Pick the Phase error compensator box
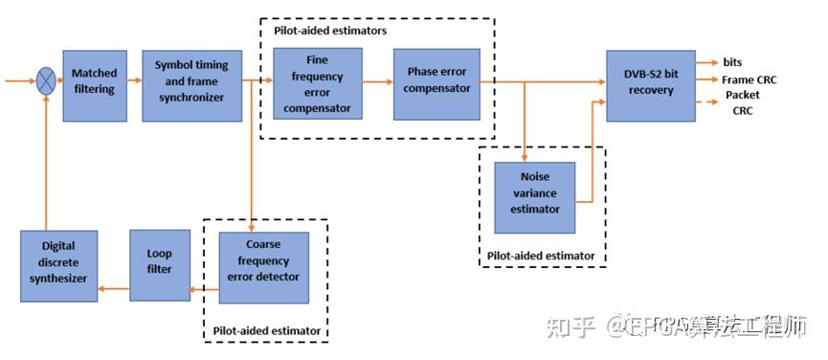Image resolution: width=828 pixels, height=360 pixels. [438, 83]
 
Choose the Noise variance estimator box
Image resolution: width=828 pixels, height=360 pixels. [534, 197]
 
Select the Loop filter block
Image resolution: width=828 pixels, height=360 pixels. [160, 264]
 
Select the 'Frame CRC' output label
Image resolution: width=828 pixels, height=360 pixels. [750, 80]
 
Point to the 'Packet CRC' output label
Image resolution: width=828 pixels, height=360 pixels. [743, 103]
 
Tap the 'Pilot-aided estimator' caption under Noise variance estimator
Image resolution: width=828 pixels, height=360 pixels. [541, 256]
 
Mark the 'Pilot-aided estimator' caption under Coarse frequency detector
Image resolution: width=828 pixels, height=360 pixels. [266, 331]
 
